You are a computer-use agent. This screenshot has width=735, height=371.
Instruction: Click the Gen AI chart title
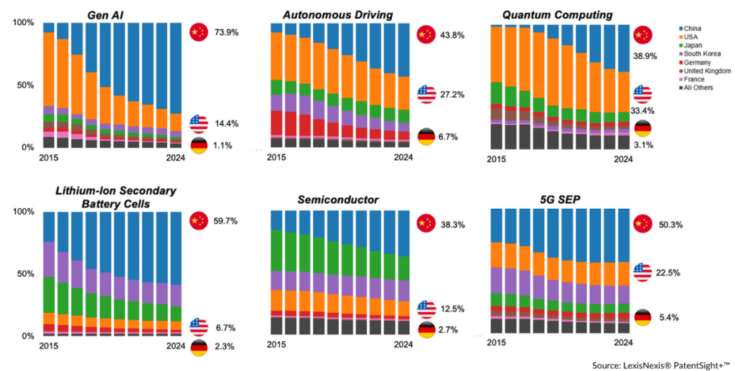click(105, 14)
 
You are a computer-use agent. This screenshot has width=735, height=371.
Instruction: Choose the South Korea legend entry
click(703, 54)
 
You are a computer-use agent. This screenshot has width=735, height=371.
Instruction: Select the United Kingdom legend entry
click(708, 71)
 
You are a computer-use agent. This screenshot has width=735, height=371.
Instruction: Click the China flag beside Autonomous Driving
click(426, 34)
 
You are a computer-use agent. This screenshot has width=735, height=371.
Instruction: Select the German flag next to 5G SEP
click(642, 318)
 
